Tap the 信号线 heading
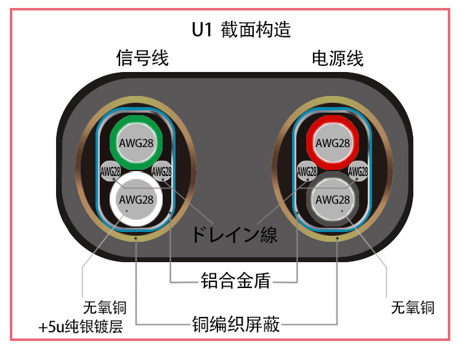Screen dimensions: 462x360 pos(142,58)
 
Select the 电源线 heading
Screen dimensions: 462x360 pos(338,58)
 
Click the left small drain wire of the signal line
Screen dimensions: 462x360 pos(110,172)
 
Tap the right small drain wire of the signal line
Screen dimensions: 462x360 pos(161,172)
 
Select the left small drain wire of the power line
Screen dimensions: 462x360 pos(307,172)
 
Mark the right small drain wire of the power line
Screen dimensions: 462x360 pos(358,172)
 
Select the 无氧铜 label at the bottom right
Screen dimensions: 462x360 pos(412,307)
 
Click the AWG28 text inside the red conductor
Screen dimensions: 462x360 pos(333,143)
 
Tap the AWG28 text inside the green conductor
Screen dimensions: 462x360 pos(136,143)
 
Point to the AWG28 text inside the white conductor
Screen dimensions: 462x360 pos(136,199)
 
